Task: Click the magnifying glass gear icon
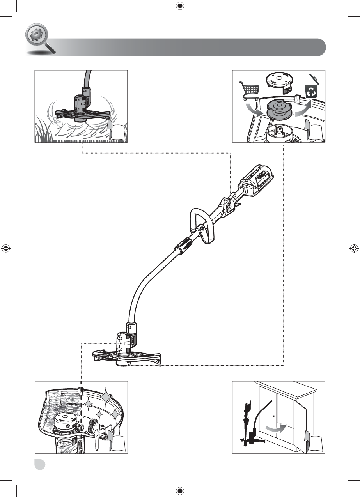coord(37,38)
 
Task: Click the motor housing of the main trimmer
coord(125,341)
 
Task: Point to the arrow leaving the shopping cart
coord(254,111)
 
